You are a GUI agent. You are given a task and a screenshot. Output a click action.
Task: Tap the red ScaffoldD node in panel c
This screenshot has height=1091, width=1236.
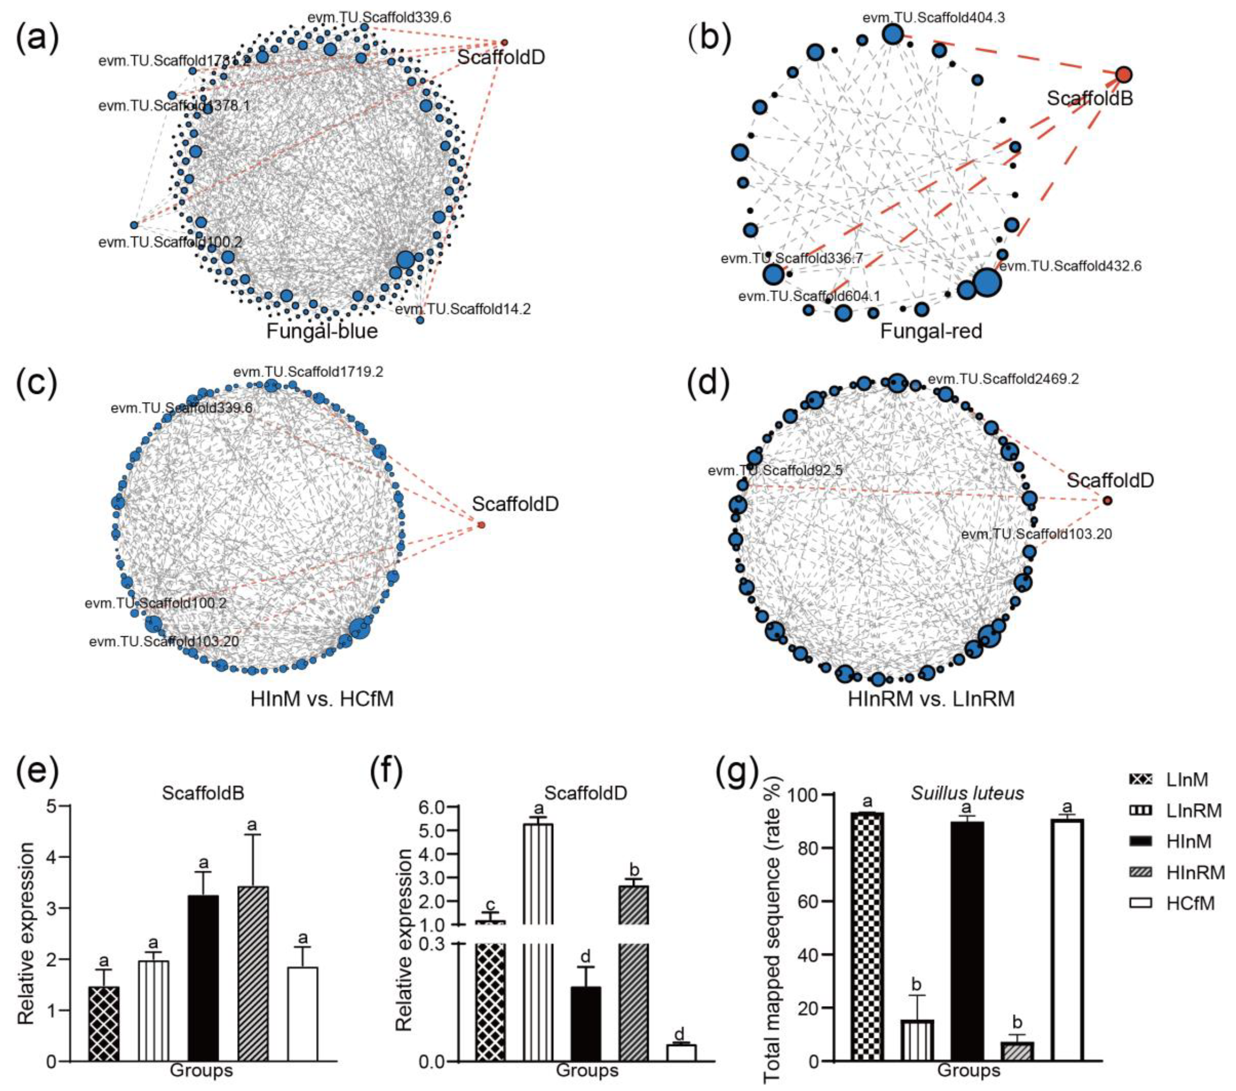[x=481, y=525]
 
